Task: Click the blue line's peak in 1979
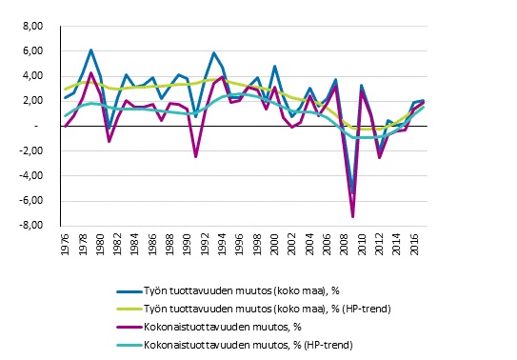point(90,50)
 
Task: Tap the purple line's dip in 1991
point(196,156)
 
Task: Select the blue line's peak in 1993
point(214,52)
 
